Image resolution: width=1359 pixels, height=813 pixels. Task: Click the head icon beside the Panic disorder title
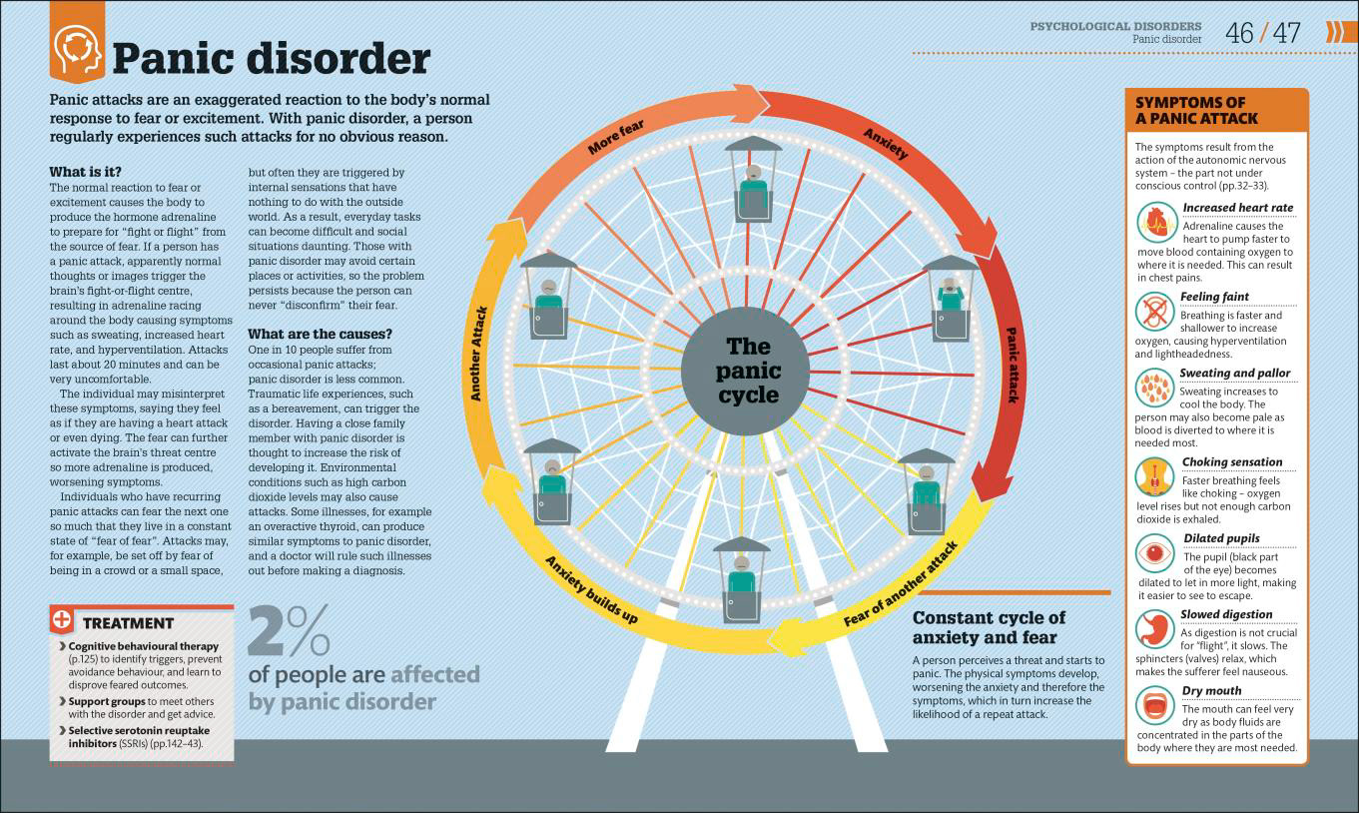click(77, 51)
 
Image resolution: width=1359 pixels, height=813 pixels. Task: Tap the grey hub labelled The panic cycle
click(746, 371)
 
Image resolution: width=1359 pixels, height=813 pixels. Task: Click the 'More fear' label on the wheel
click(615, 137)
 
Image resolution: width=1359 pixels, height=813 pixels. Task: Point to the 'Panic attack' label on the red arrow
click(1012, 365)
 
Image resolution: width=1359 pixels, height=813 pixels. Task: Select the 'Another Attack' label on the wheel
click(478, 354)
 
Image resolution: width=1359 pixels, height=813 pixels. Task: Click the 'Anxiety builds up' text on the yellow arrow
click(591, 589)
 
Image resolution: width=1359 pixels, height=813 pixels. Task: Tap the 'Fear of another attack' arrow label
click(901, 583)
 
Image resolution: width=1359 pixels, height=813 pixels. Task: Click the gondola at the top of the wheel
click(754, 179)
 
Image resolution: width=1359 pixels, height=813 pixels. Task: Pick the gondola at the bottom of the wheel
click(741, 580)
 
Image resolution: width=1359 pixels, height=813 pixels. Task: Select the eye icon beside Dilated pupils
click(1155, 553)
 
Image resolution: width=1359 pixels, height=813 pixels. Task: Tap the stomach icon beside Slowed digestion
click(1155, 629)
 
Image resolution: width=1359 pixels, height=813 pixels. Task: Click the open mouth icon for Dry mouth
click(1155, 705)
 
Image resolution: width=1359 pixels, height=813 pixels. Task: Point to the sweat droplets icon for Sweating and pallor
click(1155, 388)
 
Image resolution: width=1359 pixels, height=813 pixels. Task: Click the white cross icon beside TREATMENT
click(61, 619)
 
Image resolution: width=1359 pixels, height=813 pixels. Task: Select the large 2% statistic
click(289, 630)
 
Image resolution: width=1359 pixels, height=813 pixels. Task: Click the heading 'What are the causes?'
click(320, 334)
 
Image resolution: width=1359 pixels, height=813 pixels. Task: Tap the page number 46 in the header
click(1239, 33)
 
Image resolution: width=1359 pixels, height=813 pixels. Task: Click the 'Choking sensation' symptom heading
click(1232, 461)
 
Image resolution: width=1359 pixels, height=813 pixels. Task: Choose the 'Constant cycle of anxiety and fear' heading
click(989, 627)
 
